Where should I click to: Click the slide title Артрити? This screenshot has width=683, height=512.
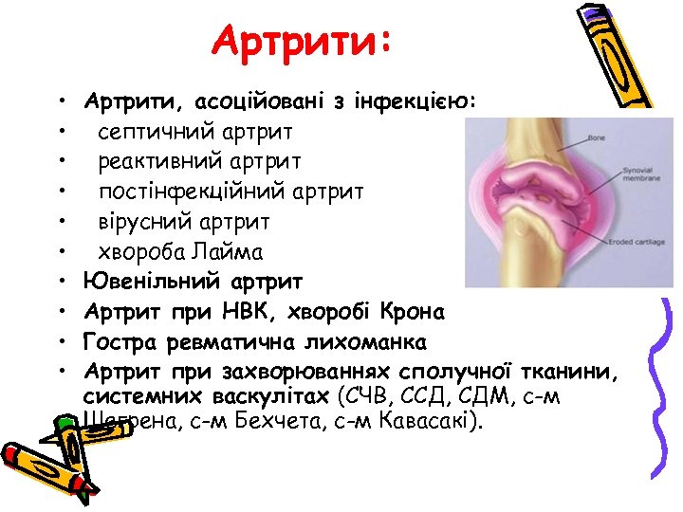coord(302,42)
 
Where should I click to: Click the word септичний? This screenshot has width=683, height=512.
coord(154,131)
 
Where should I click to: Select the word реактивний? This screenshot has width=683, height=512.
coord(158,161)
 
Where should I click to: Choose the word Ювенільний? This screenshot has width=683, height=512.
coord(152,282)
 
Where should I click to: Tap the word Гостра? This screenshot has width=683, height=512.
coord(118,341)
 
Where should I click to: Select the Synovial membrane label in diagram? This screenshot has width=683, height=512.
coord(637,178)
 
